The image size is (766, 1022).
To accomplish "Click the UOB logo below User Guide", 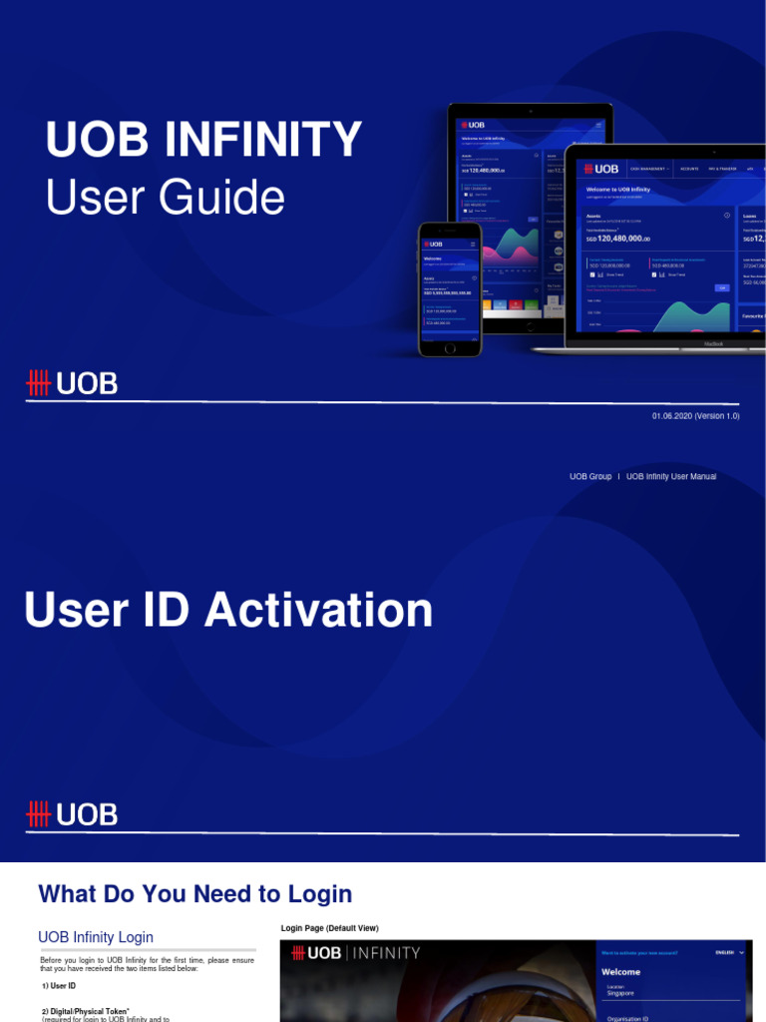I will pyautogui.click(x=72, y=382).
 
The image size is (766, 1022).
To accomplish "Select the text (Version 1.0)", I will pyautogui.click(x=717, y=416).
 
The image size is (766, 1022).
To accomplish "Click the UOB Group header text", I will pyautogui.click(x=590, y=477).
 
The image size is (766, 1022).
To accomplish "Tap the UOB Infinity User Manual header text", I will pyautogui.click(x=671, y=477).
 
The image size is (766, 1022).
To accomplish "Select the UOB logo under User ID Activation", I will pyautogui.click(x=72, y=814).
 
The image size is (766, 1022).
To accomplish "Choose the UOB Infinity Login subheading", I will pyautogui.click(x=96, y=937).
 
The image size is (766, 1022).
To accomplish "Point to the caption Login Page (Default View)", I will pyautogui.click(x=330, y=928).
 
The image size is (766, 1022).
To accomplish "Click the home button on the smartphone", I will pyautogui.click(x=450, y=348).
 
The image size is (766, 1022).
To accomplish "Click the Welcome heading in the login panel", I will pyautogui.click(x=621, y=971).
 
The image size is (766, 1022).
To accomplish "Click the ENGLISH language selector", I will pyautogui.click(x=726, y=953).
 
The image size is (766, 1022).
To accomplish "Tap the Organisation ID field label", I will pyautogui.click(x=628, y=1018).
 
